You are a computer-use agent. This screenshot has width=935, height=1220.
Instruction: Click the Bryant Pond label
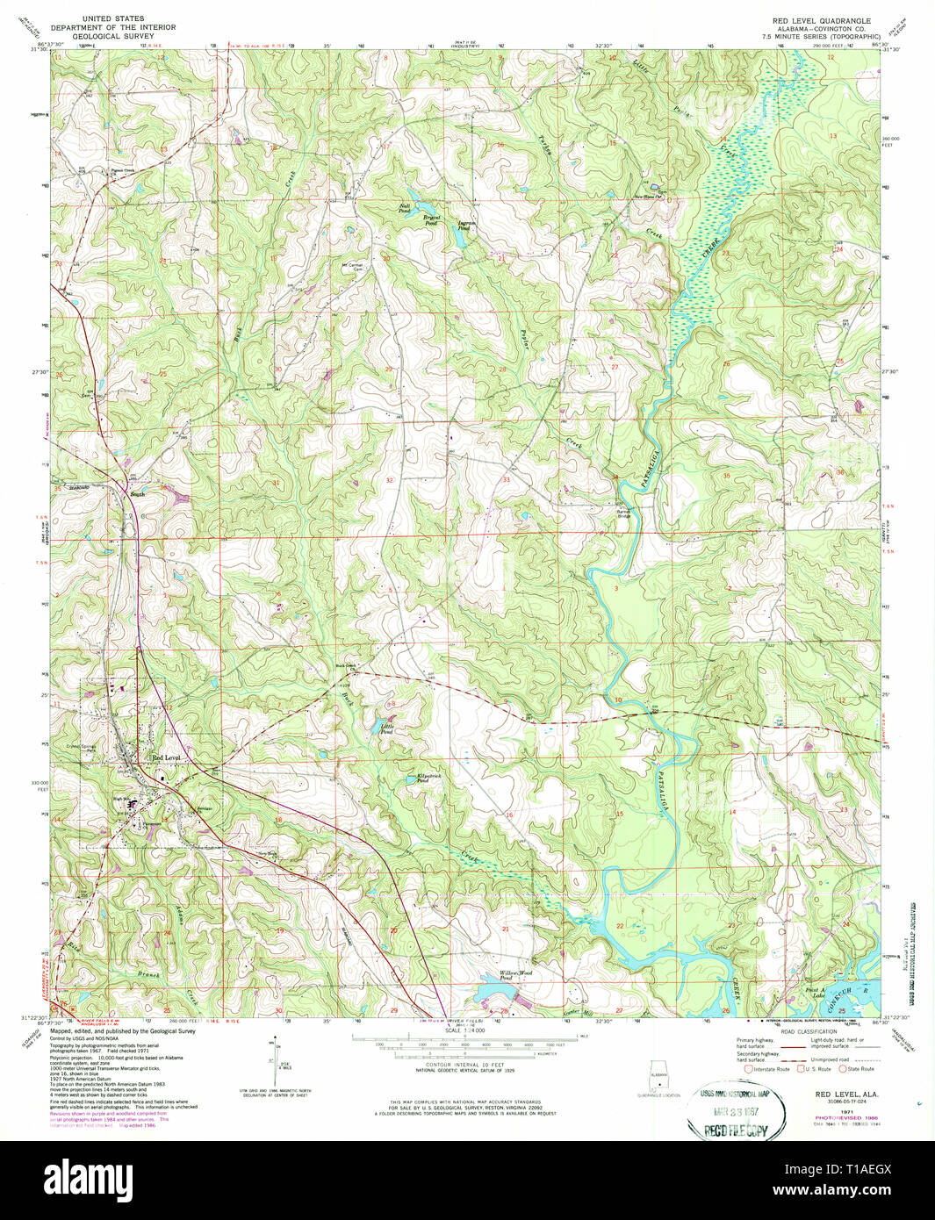tap(432, 219)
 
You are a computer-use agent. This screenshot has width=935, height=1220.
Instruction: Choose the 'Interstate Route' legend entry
tap(772, 1069)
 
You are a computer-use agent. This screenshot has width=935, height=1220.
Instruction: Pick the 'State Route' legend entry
tap(860, 1069)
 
